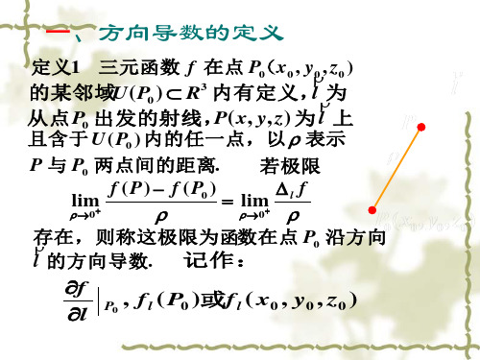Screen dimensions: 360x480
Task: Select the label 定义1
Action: [56, 68]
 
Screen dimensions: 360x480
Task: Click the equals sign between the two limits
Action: [217, 200]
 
